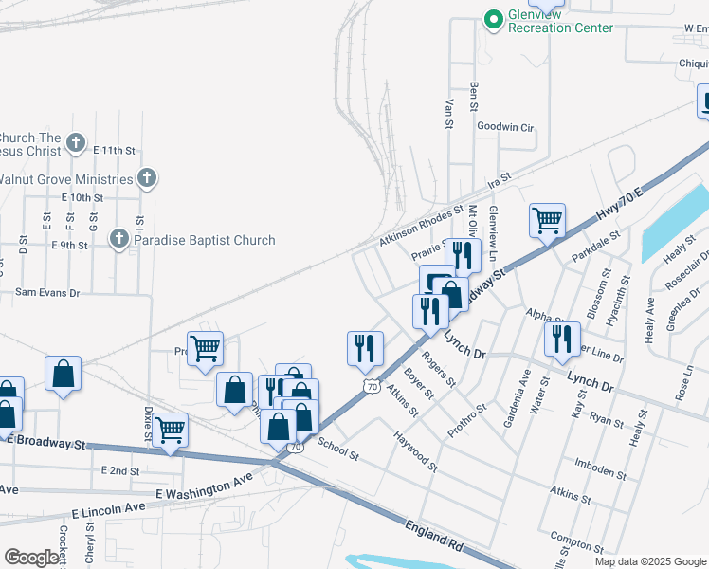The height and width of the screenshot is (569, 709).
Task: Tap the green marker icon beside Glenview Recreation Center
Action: pos(493,19)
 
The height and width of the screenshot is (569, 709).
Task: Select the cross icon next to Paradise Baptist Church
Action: pos(119,240)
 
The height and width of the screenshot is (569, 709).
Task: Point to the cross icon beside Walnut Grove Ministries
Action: pos(146,178)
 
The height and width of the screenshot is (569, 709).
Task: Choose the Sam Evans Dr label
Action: pos(47,293)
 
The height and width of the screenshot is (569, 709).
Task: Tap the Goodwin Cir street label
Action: pos(506,126)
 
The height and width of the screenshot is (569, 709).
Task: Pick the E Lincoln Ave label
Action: pos(106,507)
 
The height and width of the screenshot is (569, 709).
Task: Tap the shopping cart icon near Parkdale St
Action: pos(548,221)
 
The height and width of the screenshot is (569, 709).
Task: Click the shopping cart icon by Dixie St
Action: pos(170,430)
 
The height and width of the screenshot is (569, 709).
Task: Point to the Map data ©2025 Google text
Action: pos(650,561)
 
